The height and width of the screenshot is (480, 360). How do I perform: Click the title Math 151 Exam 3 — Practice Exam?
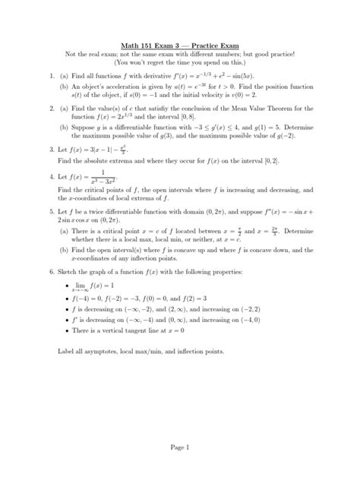(x=180, y=44)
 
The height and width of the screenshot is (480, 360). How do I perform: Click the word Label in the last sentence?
(x=66, y=352)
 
